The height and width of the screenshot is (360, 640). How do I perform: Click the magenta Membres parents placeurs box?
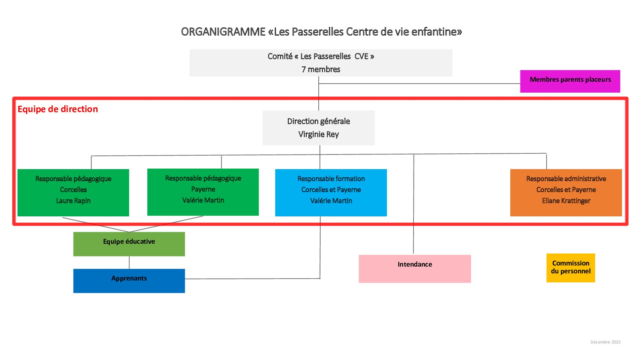tap(570, 81)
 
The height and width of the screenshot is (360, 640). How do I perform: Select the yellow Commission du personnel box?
tap(571, 268)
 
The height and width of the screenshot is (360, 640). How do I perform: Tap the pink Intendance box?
tap(415, 269)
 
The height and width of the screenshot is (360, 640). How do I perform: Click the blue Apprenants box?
tap(129, 281)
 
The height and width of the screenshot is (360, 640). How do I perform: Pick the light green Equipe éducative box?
tap(129, 244)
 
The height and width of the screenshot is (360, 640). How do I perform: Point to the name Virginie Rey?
tap(319, 135)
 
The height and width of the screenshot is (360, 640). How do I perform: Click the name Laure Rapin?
tap(73, 201)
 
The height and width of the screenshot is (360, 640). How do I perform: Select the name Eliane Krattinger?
tap(566, 201)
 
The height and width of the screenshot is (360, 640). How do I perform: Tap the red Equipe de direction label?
tap(58, 109)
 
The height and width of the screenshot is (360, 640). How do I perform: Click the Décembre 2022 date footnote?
tap(606, 342)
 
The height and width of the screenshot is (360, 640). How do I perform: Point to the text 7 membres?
tap(321, 69)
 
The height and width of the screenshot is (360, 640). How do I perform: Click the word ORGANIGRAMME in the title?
tap(223, 32)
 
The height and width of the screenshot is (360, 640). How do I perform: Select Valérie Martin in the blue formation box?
tap(331, 201)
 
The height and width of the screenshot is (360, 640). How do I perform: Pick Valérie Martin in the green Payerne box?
tap(203, 200)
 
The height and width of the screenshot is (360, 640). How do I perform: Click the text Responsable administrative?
tap(566, 179)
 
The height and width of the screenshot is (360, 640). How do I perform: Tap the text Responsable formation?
tap(331, 179)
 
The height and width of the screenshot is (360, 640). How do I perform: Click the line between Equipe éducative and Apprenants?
tap(129, 262)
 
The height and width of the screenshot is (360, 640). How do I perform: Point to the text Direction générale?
tap(319, 121)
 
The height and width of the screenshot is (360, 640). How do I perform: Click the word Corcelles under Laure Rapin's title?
tap(73, 190)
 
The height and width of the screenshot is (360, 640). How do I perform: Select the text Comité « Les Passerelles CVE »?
tap(321, 56)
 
